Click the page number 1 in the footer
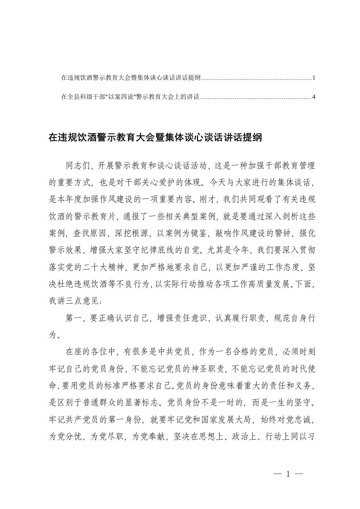(x=288, y=474)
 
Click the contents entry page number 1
(x=314, y=78)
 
